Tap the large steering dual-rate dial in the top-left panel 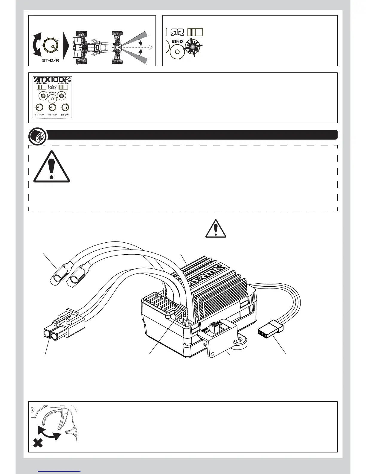[49, 45]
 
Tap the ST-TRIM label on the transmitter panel [39, 115]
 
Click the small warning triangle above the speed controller [216, 229]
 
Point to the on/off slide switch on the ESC [216, 326]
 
